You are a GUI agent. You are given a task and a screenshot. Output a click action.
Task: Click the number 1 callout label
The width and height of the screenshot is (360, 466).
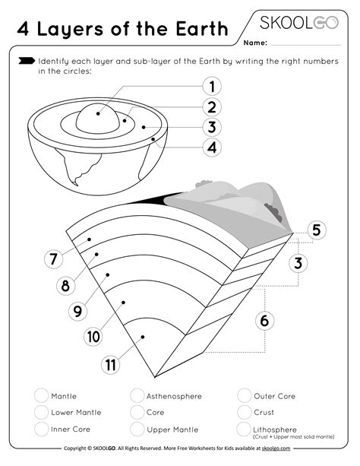(213, 87)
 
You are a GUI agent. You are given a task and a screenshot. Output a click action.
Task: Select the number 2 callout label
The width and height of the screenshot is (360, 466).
(213, 107)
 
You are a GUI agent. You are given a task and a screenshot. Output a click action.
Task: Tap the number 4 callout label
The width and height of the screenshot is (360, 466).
(213, 147)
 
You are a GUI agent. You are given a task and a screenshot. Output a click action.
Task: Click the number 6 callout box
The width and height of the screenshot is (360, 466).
(264, 321)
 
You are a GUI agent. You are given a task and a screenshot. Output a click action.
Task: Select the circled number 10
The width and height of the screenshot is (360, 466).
(93, 335)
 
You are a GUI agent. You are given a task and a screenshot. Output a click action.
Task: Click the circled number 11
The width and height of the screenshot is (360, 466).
(112, 364)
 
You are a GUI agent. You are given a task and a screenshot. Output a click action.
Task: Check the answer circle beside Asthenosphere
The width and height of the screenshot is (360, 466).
(137, 395)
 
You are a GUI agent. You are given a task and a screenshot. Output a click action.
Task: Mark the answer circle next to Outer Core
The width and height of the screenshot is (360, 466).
(245, 395)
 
